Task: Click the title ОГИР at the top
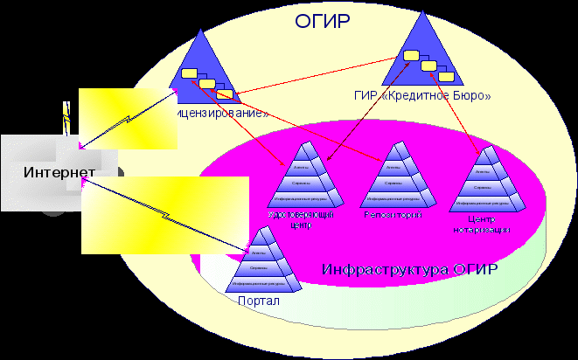tap(321, 18)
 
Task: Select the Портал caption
tap(259, 301)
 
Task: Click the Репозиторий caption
tap(393, 214)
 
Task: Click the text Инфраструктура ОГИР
tap(410, 268)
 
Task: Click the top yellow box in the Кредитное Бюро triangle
tap(411, 57)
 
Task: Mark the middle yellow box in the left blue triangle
tap(207, 84)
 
